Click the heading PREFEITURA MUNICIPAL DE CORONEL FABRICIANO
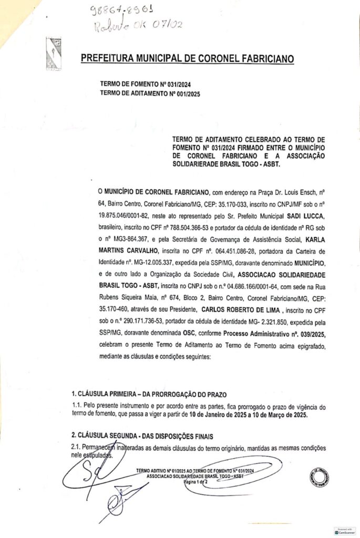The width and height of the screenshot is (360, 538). pyautogui.click(x=187, y=58)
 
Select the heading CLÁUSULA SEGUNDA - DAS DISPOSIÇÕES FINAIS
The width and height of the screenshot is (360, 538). pyautogui.click(x=142, y=436)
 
